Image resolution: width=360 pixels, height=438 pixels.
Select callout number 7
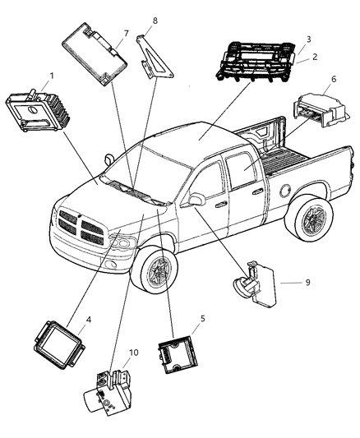click(126, 33)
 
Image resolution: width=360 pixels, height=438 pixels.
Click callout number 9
click(307, 282)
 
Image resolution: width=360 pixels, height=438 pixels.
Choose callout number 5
click(202, 317)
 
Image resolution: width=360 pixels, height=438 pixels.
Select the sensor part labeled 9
click(254, 285)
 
